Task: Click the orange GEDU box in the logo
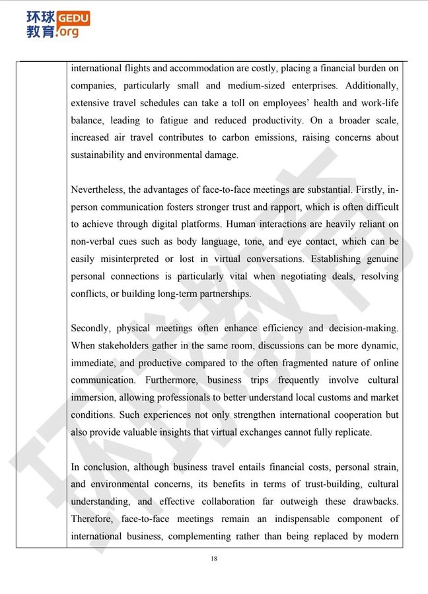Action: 74,18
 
